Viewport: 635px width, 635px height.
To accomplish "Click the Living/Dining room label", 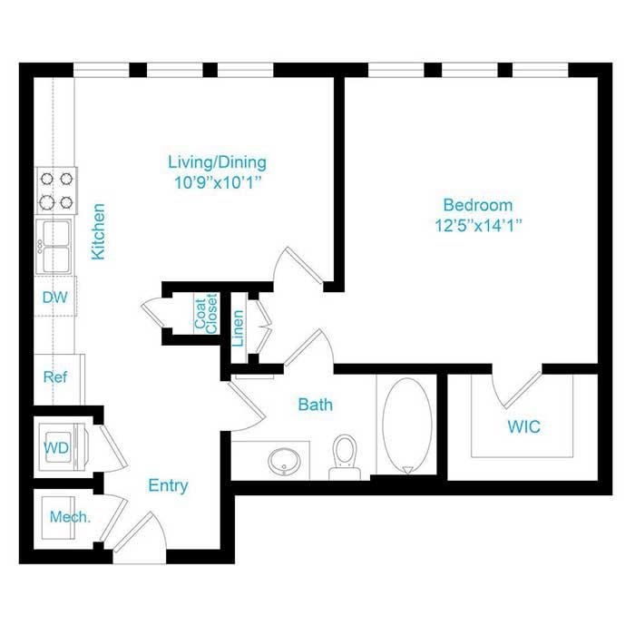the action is pyautogui.click(x=218, y=162).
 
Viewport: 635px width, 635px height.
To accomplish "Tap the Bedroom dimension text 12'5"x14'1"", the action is pyautogui.click(x=478, y=225).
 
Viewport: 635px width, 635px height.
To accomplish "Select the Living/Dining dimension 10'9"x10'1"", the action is pyautogui.click(x=218, y=182).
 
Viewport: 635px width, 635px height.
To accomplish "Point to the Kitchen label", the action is pyautogui.click(x=98, y=231).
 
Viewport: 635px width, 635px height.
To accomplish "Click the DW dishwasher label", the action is pyautogui.click(x=54, y=298).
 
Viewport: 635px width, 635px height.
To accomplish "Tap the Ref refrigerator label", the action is pyautogui.click(x=55, y=377).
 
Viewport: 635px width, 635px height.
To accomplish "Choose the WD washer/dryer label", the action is pyautogui.click(x=56, y=447).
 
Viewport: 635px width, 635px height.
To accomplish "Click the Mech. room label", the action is pyautogui.click(x=70, y=517).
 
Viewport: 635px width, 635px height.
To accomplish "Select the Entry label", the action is pyautogui.click(x=168, y=485).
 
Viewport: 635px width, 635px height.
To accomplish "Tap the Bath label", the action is pyautogui.click(x=316, y=405).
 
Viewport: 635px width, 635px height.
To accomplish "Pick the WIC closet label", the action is pyautogui.click(x=524, y=426).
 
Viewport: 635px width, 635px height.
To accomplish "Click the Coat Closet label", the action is pyautogui.click(x=206, y=314).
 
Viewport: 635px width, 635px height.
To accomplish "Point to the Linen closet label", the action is pyautogui.click(x=238, y=328).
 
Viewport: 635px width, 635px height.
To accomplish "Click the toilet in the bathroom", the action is pyautogui.click(x=345, y=457).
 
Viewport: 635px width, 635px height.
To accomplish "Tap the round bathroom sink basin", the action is pyautogui.click(x=284, y=461).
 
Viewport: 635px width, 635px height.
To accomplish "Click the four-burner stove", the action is pyautogui.click(x=56, y=190).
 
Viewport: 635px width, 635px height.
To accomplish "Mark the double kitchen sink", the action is pyautogui.click(x=54, y=246).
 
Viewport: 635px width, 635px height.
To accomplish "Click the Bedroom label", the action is pyautogui.click(x=478, y=205).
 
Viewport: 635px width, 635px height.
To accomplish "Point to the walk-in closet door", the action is pyautogui.click(x=523, y=389).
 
